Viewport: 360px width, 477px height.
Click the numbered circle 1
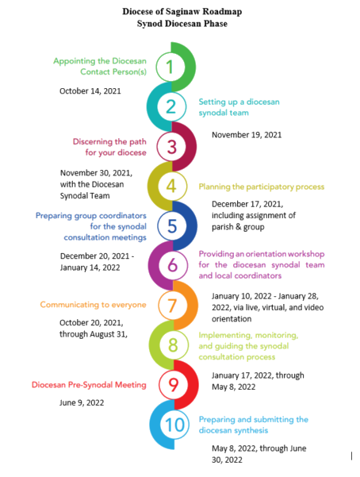click(x=170, y=67)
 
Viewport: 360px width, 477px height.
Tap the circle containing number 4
click(x=172, y=186)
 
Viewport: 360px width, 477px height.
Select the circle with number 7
click(x=173, y=305)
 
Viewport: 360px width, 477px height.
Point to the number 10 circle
click(x=174, y=425)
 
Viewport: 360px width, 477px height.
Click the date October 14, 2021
click(x=90, y=91)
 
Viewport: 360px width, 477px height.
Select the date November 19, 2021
click(x=247, y=135)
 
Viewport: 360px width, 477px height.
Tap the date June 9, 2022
click(x=82, y=402)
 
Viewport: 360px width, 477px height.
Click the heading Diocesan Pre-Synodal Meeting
click(x=89, y=385)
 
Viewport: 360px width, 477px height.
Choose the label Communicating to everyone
click(x=94, y=305)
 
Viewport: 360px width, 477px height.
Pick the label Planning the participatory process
click(x=262, y=187)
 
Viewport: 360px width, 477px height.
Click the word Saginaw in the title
click(x=182, y=12)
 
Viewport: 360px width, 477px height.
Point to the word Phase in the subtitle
click(x=216, y=24)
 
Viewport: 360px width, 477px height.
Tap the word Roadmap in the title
click(x=222, y=12)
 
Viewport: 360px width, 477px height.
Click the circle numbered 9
click(x=174, y=384)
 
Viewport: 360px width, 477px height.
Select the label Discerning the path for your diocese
click(x=109, y=147)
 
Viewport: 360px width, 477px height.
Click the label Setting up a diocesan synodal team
click(x=239, y=107)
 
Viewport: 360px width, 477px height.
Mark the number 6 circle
click(x=173, y=265)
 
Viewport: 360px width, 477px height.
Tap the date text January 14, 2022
click(x=90, y=267)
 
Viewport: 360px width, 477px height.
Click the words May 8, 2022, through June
click(x=259, y=448)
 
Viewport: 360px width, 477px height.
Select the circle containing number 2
click(x=171, y=106)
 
